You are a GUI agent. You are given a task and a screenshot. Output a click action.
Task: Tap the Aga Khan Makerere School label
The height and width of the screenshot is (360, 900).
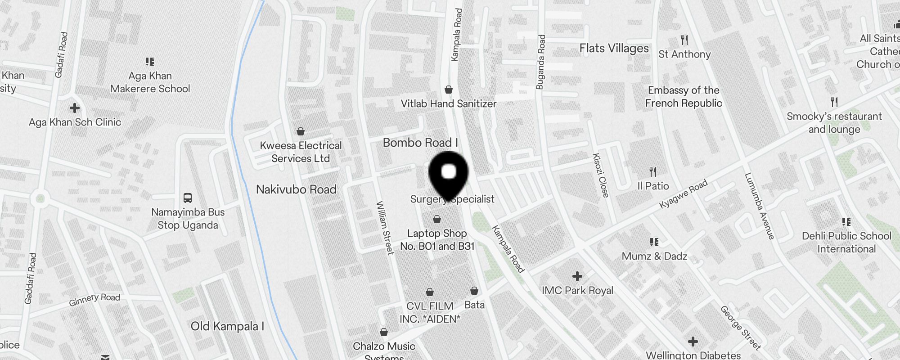150,82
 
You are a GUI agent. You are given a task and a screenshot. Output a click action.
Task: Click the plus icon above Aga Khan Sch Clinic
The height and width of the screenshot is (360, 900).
75,108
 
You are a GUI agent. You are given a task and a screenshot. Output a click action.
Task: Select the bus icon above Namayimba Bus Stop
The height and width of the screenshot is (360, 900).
188,198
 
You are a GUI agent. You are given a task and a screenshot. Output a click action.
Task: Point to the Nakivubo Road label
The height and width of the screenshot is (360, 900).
296,189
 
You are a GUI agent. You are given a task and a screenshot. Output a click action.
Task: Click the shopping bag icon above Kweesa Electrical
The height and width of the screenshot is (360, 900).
301,131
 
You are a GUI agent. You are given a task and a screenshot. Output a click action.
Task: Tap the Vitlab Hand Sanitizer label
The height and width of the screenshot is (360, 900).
448,103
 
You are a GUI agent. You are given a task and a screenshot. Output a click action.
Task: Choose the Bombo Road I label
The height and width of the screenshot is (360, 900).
420,143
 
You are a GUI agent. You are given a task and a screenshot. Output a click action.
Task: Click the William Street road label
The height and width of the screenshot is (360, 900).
385,228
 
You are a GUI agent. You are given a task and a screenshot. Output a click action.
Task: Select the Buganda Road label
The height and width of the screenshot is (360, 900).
541,62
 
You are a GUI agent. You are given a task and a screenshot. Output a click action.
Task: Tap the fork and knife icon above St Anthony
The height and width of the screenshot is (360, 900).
684,40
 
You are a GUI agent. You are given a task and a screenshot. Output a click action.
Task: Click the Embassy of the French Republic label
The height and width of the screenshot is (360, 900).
684,97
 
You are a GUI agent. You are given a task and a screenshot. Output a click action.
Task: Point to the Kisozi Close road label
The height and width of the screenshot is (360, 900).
601,175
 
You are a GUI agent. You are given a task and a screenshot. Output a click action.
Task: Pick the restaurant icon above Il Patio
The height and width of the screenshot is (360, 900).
653,171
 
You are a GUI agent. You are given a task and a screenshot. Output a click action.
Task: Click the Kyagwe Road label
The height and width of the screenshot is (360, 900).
683,194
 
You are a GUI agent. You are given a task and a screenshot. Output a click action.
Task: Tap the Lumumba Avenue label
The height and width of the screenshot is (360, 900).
759,206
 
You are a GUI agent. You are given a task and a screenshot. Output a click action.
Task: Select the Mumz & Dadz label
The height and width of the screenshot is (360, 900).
654,256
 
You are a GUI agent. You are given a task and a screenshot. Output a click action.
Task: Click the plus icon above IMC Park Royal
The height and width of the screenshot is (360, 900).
577,276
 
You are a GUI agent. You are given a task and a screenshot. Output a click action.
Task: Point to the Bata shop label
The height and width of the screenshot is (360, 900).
474,305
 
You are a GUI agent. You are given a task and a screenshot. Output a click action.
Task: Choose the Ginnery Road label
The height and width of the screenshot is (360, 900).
94,299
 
